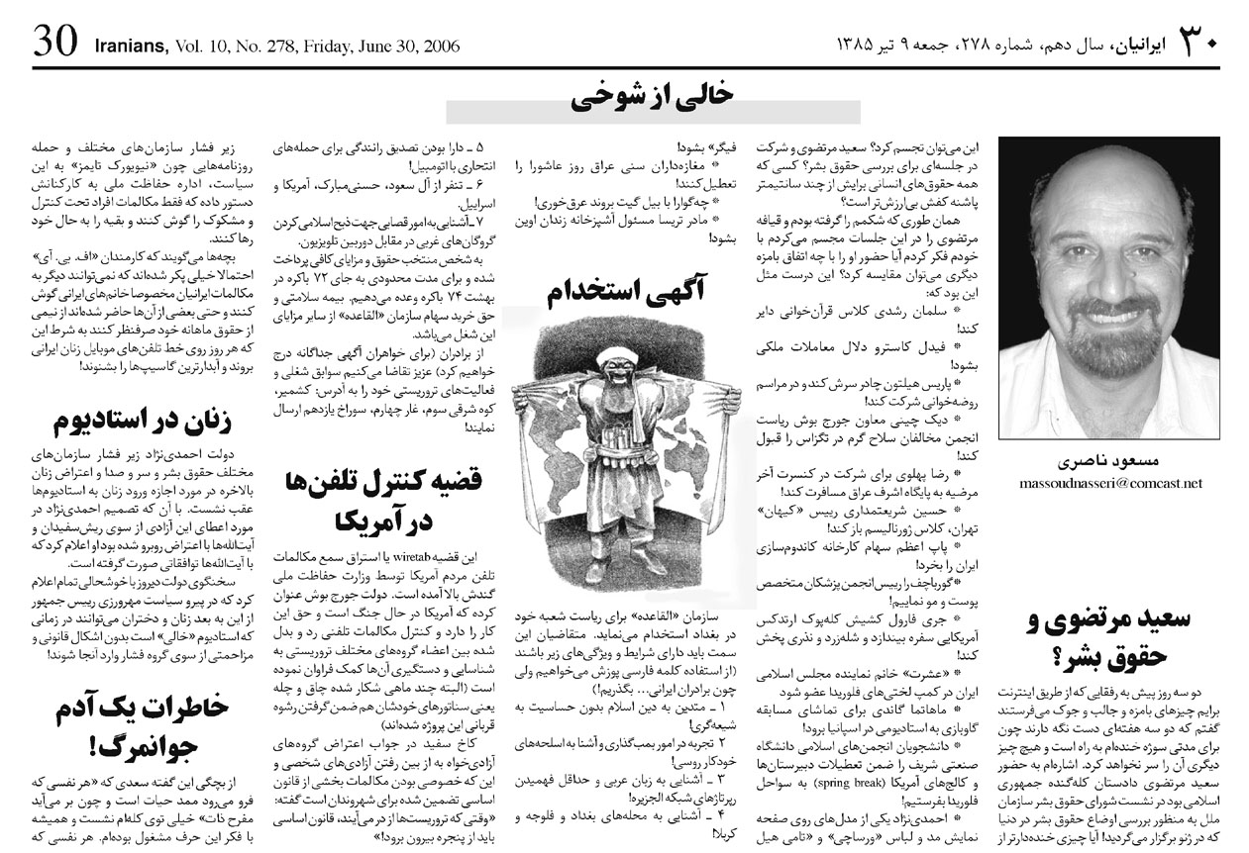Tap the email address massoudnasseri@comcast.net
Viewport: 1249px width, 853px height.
[x=1110, y=484]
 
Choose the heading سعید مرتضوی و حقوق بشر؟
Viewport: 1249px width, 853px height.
[x=1112, y=638]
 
